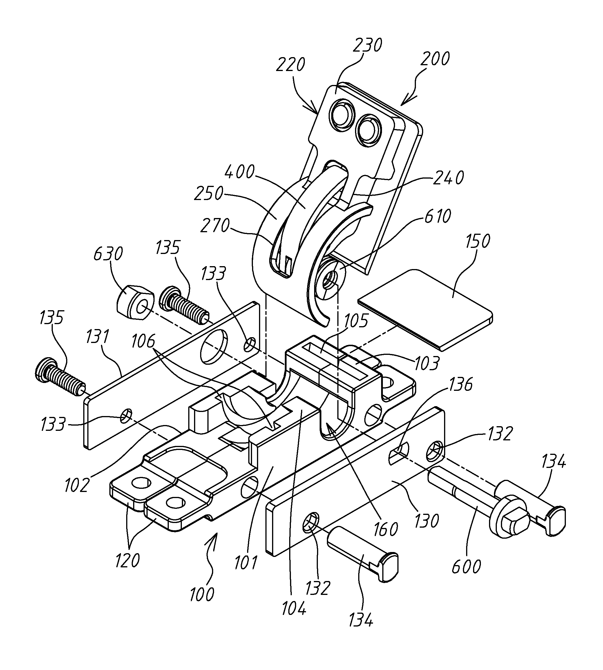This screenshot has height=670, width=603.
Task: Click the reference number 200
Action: click(x=434, y=59)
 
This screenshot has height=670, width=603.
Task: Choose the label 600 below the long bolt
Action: click(x=466, y=566)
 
